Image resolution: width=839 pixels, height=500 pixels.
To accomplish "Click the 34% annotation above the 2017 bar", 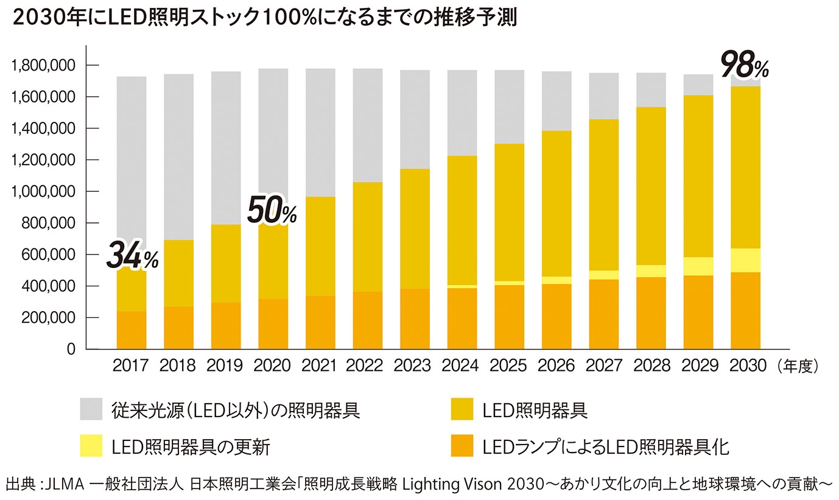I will [132, 256].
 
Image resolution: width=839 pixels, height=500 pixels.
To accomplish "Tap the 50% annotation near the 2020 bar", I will [271, 211].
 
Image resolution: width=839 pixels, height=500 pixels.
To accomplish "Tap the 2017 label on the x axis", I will [131, 366].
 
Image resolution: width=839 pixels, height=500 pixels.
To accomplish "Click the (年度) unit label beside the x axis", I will [798, 366].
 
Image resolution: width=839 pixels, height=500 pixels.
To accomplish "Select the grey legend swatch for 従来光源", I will [91, 409].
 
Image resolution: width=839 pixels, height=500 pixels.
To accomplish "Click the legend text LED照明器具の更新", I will [191, 447].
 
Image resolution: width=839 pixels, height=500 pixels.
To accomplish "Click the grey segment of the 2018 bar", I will [178, 157].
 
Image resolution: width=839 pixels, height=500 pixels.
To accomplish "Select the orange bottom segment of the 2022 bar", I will [368, 320].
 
